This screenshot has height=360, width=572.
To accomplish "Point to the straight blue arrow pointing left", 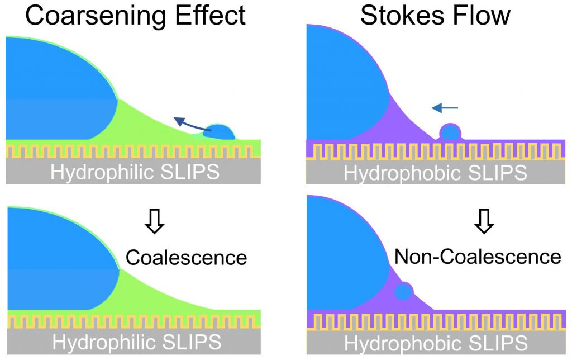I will (445, 108).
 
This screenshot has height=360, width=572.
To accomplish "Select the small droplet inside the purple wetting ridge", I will (403, 291).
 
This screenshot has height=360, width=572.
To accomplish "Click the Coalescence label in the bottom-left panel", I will (186, 257).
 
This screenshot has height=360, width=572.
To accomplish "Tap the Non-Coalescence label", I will (478, 257).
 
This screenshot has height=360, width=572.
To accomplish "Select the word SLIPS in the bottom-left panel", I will (192, 342).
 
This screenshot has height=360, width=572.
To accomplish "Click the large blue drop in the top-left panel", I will (56, 89).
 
